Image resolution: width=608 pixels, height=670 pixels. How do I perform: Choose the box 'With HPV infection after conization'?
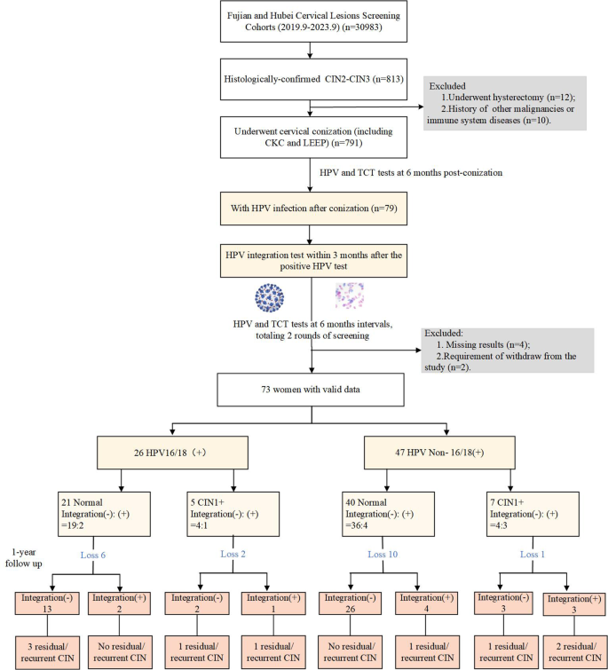(308, 209)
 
